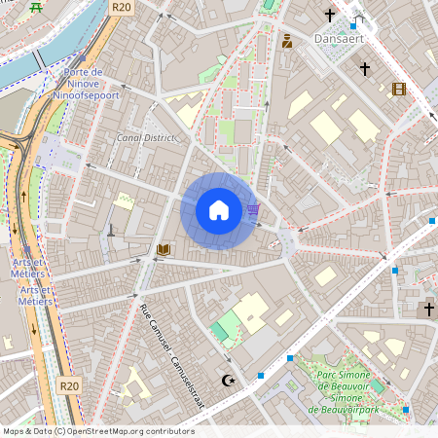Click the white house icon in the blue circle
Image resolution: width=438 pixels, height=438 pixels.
pyautogui.click(x=219, y=209)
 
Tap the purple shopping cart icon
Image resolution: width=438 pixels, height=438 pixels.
pyautogui.click(x=253, y=209)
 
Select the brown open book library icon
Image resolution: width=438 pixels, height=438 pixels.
pyautogui.click(x=164, y=250)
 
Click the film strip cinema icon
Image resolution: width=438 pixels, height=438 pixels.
pyautogui.click(x=398, y=89)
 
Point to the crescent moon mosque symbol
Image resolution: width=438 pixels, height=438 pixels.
pyautogui.click(x=229, y=380)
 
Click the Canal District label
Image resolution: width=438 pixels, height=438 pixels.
pyautogui.click(x=146, y=138)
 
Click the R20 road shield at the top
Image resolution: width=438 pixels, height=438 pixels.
pyautogui.click(x=121, y=7)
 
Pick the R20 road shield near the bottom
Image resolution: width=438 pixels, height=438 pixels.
pyautogui.click(x=68, y=385)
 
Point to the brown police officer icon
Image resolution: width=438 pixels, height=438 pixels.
pyautogui.click(x=287, y=41)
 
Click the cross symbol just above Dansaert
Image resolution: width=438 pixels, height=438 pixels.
pyautogui.click(x=330, y=16)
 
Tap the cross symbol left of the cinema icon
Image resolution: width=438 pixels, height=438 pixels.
pyautogui.click(x=365, y=69)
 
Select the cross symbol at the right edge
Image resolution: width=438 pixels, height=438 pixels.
pyautogui.click(x=428, y=310)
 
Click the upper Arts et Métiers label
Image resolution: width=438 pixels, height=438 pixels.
pyautogui.click(x=29, y=268)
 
